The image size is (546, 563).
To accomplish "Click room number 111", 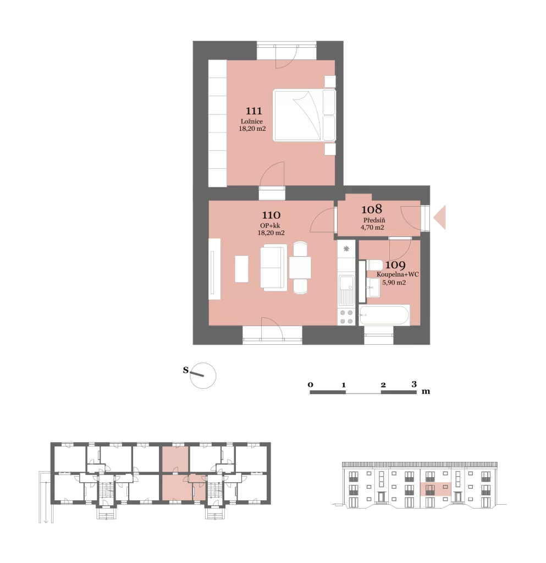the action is pyautogui.click(x=254, y=111).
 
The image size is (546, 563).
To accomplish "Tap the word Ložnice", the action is pyautogui.click(x=252, y=122).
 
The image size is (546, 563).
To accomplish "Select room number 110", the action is pyautogui.click(x=271, y=215).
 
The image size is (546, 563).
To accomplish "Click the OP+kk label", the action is pyautogui.click(x=270, y=225).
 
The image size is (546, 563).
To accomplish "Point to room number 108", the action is pyautogui.click(x=372, y=209).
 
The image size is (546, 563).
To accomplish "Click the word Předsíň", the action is pyautogui.click(x=374, y=220).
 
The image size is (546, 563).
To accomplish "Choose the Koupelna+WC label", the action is pyautogui.click(x=398, y=274).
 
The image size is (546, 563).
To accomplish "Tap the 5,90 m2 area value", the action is pyautogui.click(x=394, y=283).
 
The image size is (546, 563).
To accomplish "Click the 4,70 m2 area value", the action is pyautogui.click(x=372, y=227).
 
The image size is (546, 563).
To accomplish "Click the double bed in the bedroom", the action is pyautogui.click(x=304, y=115).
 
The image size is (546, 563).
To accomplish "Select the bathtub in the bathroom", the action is pyautogui.click(x=384, y=315).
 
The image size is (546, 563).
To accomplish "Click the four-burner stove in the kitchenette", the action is pyautogui.click(x=346, y=317).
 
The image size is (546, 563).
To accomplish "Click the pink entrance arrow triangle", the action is pyautogui.click(x=440, y=217).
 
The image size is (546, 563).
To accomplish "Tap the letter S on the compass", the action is pyautogui.click(x=186, y=370).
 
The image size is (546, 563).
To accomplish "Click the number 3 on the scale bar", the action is pyautogui.click(x=414, y=384).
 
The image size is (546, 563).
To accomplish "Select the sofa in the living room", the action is pyautogui.click(x=274, y=268).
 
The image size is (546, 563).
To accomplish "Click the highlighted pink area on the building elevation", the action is pyautogui.click(x=435, y=489).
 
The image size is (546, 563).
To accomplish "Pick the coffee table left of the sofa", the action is pyautogui.click(x=241, y=268).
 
